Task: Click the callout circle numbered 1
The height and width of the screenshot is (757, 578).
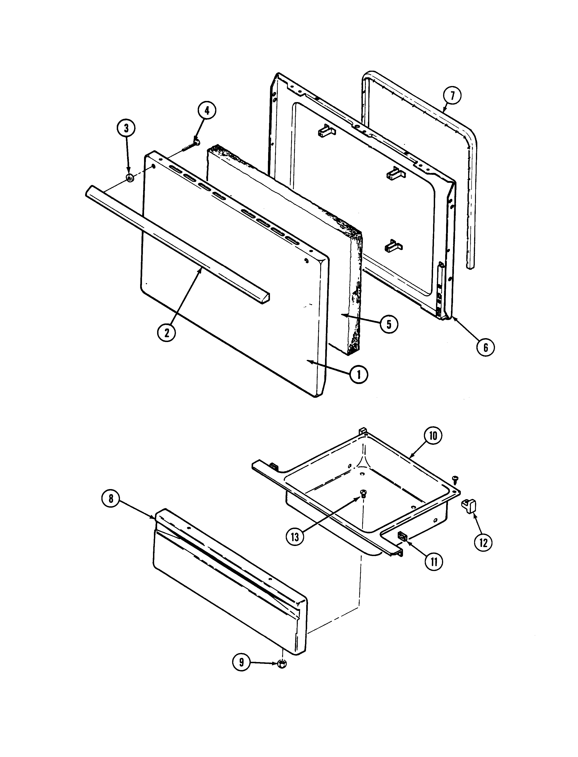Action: point(359,374)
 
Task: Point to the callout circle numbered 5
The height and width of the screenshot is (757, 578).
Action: point(389,324)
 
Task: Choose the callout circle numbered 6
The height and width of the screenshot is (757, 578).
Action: point(485,348)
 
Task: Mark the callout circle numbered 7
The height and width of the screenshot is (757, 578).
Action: point(452,96)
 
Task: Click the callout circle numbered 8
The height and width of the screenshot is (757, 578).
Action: point(111,499)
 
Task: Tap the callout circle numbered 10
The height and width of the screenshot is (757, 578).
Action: point(433,436)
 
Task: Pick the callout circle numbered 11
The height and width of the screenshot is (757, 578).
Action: point(434,562)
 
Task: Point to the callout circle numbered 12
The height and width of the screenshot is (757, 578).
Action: point(484,543)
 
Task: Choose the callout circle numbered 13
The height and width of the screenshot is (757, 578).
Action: point(295,537)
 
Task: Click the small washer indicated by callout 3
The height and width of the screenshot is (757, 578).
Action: point(130,178)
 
